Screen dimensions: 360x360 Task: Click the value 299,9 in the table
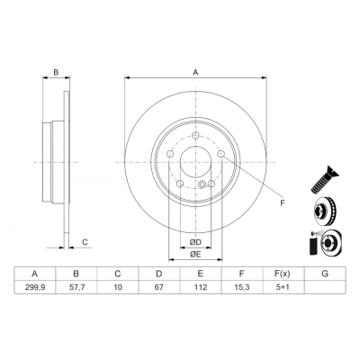tap(35, 287)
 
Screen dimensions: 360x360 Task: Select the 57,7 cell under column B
tap(76, 287)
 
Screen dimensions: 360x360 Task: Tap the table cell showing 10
tap(118, 287)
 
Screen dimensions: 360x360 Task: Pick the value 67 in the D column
tap(159, 287)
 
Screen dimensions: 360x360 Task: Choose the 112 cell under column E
tap(201, 287)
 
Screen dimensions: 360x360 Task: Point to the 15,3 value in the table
tap(242, 287)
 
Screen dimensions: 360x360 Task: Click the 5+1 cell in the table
tap(283, 287)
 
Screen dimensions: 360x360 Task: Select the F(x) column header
tap(283, 274)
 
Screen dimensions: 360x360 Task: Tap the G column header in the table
tap(325, 274)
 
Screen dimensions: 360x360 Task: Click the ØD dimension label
tap(195, 242)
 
